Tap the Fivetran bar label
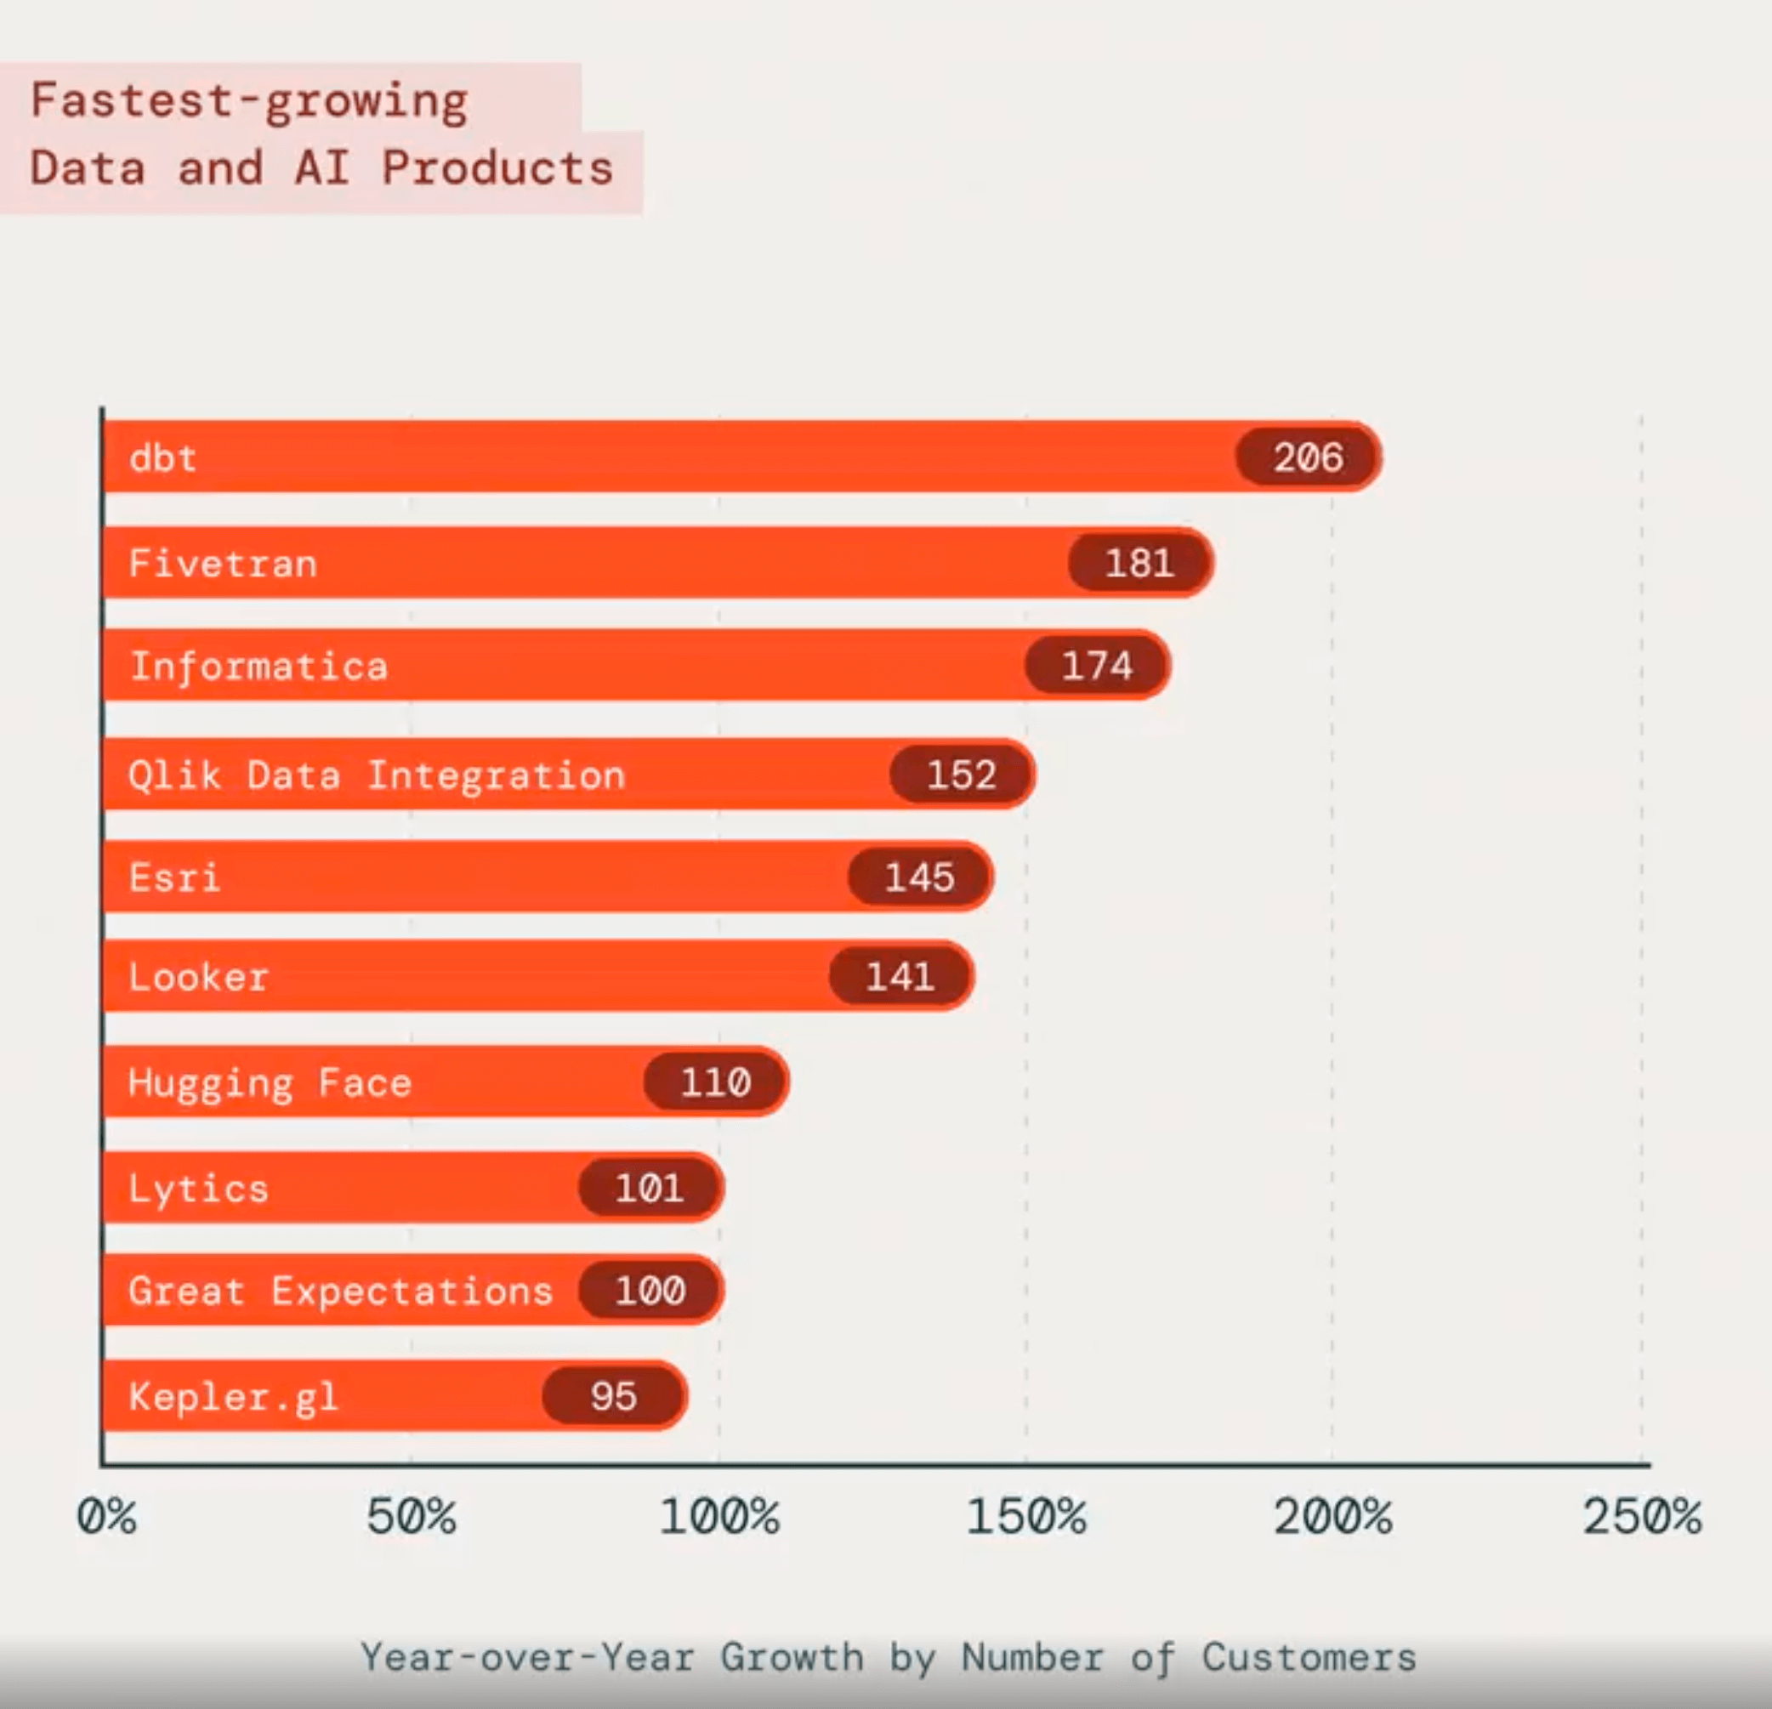pyautogui.click(x=224, y=564)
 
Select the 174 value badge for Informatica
pyautogui.click(x=1097, y=666)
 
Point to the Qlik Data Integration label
pyautogui.click(x=376, y=775)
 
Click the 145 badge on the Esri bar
pyautogui.click(x=919, y=877)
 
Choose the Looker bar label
pyautogui.click(x=199, y=977)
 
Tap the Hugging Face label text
pyautogui.click(x=270, y=1082)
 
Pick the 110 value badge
pyautogui.click(x=715, y=1082)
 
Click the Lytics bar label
pyautogui.click(x=199, y=1188)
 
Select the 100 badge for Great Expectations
pyautogui.click(x=650, y=1290)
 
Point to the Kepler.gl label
pyautogui.click(x=233, y=1397)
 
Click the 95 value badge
pyautogui.click(x=614, y=1396)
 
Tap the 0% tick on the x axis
pyautogui.click(x=106, y=1516)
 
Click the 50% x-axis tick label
pyautogui.click(x=412, y=1516)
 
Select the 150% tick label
pyautogui.click(x=1026, y=1516)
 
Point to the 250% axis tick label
pyautogui.click(x=1641, y=1516)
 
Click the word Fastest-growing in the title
pyautogui.click(x=249, y=101)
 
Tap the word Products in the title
pyautogui.click(x=497, y=168)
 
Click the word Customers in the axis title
pyautogui.click(x=1309, y=1657)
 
